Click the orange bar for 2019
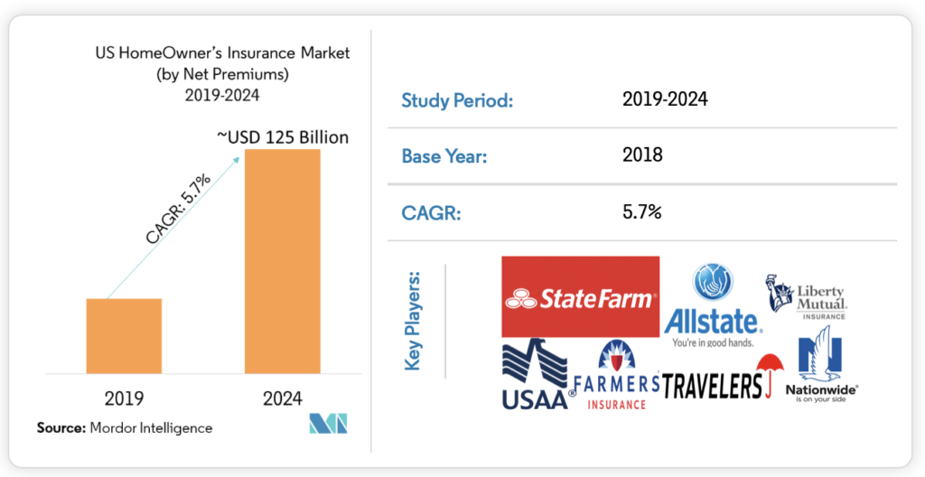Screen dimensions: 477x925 (x=124, y=335)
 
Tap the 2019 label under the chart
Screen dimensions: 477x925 (x=124, y=397)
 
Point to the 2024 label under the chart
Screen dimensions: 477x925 (x=282, y=397)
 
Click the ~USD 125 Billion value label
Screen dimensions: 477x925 (x=282, y=137)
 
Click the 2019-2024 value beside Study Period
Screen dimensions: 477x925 (x=664, y=99)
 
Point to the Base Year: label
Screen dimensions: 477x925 (x=444, y=156)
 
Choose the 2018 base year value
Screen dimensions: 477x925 (x=642, y=155)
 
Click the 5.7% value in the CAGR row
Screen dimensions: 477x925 (x=642, y=213)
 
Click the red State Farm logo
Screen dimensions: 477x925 (x=580, y=296)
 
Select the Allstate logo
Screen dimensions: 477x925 (x=713, y=307)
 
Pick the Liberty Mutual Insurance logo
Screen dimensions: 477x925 (x=807, y=296)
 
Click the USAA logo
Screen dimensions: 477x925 (x=536, y=375)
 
